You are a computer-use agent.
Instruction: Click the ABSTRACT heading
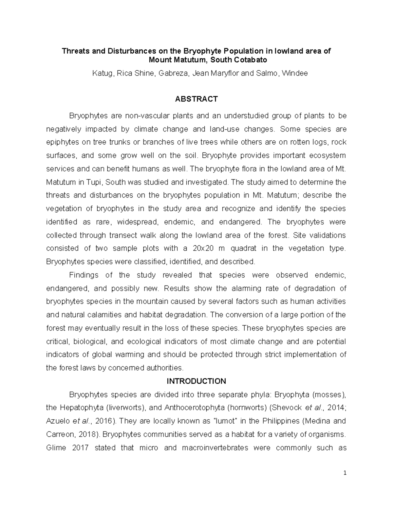(x=196, y=99)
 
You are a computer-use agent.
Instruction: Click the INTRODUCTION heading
(x=196, y=381)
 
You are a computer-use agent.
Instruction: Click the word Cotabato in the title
(x=251, y=60)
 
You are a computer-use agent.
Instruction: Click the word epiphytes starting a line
(x=61, y=142)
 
